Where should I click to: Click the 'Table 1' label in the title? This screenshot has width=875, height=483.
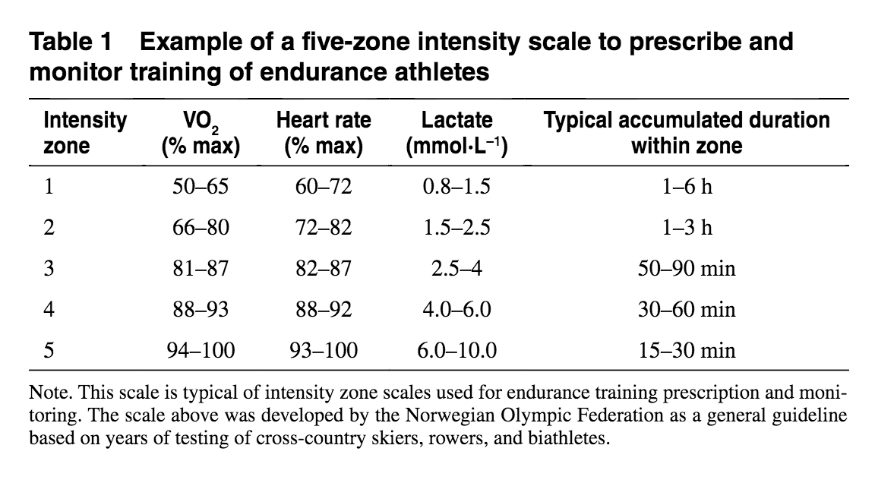click(70, 42)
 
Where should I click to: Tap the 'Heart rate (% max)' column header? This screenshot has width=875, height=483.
click(324, 132)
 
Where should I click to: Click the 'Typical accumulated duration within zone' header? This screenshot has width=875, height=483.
click(687, 132)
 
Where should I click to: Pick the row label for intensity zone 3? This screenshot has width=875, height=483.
click(49, 268)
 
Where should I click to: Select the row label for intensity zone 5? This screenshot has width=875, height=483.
click(49, 350)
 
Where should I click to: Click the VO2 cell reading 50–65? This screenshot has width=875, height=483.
click(201, 186)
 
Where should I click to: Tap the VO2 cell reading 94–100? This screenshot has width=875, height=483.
click(201, 350)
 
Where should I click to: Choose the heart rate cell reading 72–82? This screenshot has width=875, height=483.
click(324, 227)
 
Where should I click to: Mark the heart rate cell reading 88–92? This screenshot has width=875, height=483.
click(324, 309)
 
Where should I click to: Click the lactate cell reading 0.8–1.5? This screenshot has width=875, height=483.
click(456, 186)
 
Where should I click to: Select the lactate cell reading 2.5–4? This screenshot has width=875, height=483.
click(456, 268)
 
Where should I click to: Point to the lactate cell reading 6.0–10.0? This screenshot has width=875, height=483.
click(456, 350)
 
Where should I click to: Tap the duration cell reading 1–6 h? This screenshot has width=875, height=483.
click(686, 186)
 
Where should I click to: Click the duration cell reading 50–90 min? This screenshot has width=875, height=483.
click(686, 268)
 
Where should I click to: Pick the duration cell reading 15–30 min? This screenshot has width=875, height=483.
click(686, 350)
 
